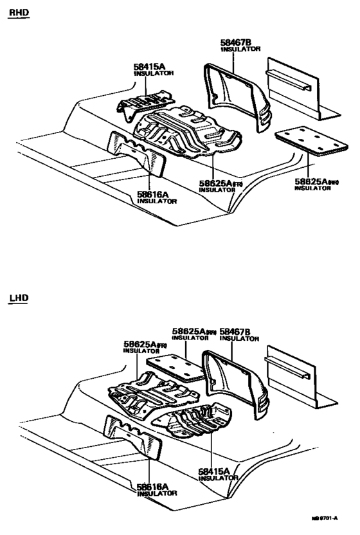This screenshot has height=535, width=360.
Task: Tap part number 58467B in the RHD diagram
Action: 235,42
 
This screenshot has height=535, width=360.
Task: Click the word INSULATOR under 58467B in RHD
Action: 240,50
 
